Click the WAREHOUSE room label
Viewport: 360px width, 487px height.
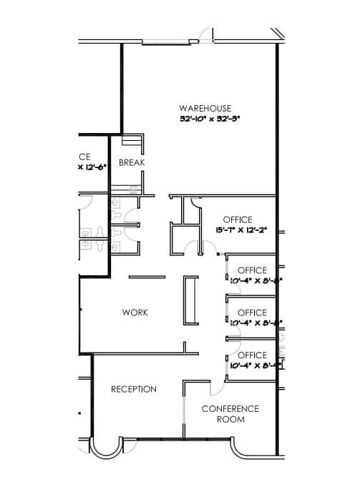point(205,108)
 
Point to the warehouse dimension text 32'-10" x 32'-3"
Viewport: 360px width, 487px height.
point(210,119)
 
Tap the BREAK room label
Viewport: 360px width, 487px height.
point(132,162)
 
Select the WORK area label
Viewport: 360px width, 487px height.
point(135,313)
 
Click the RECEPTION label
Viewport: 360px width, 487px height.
point(134,389)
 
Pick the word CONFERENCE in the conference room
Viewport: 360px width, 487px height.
point(230,409)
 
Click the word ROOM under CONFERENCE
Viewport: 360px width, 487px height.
point(230,419)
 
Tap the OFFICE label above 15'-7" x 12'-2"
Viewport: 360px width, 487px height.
point(238,220)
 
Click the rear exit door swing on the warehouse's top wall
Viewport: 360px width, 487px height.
point(206,34)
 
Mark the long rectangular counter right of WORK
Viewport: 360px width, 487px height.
point(191,301)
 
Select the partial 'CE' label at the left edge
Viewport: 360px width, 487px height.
point(84,156)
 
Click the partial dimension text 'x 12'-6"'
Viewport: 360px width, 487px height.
point(91,167)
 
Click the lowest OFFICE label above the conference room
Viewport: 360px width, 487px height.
point(252,355)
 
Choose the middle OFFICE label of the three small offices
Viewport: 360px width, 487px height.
point(252,313)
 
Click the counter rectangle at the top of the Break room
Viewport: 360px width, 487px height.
point(132,141)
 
